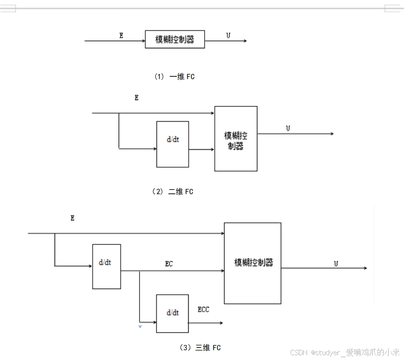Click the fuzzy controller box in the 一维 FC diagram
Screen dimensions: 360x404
pos(175,40)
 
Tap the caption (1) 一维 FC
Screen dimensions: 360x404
pos(174,76)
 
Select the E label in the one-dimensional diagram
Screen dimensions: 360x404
pos(121,35)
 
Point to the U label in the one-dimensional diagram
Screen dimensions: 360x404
pos(228,35)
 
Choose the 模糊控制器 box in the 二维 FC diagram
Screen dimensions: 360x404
pos(236,139)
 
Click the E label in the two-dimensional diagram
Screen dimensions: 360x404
pos(137,98)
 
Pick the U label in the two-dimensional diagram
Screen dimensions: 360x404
pos(288,128)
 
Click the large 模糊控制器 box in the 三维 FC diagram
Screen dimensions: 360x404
pos(252,263)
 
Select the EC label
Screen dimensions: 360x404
pos(168,264)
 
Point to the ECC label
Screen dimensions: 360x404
pos(203,309)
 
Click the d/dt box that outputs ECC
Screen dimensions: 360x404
pos(172,313)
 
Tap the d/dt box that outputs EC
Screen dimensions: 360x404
pos(107,266)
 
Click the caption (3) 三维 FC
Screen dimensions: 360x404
pos(200,347)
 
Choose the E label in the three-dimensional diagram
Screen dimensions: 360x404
pos(72,218)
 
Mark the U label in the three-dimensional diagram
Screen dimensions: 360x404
pos(336,263)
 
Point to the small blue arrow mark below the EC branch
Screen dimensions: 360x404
pos(140,327)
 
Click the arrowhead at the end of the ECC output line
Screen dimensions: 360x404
pos(221,322)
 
